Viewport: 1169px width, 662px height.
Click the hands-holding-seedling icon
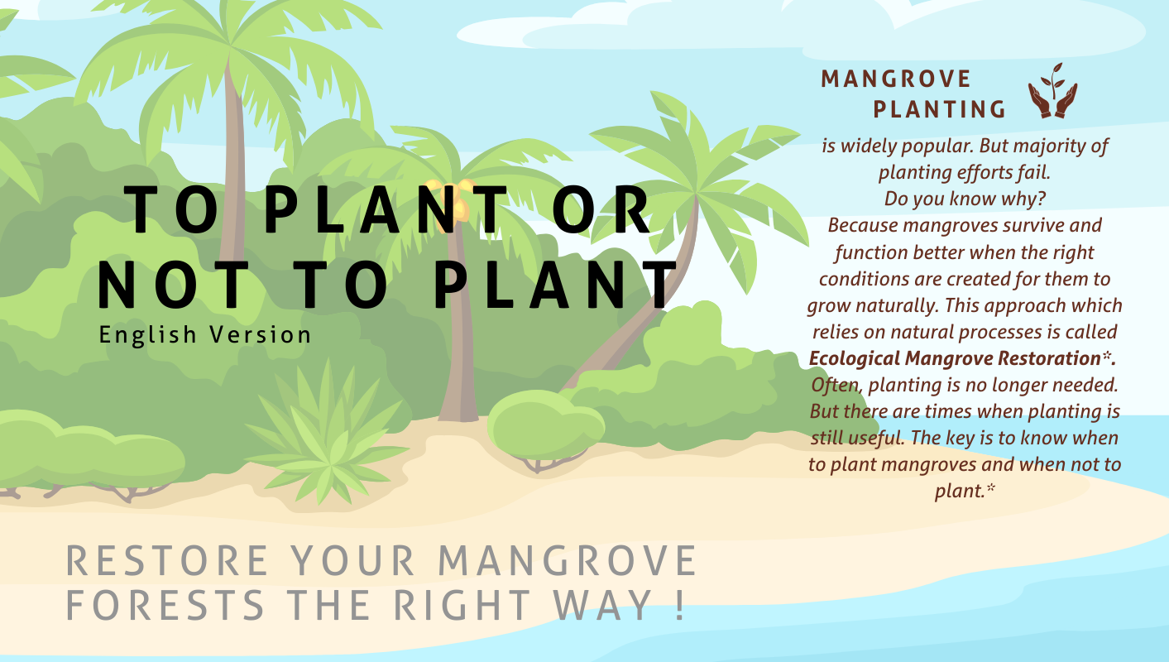pos(1052,90)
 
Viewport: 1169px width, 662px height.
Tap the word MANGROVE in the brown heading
pos(896,79)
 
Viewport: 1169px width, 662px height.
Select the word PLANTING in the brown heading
pos(940,109)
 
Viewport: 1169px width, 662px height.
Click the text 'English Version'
pos(205,334)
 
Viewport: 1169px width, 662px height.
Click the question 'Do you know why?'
pos(965,199)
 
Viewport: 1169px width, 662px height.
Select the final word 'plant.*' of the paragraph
pos(964,491)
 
